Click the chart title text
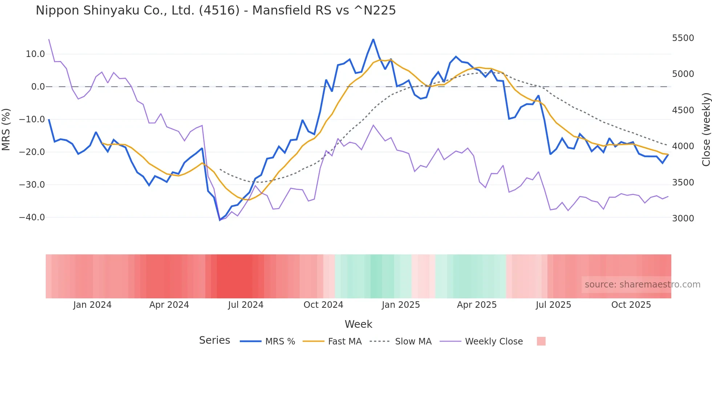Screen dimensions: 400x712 click(215, 11)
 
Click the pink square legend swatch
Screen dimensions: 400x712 click(541, 341)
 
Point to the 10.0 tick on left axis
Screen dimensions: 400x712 click(35, 54)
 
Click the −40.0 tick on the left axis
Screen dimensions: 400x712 click(32, 217)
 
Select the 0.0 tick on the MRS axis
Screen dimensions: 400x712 click(38, 87)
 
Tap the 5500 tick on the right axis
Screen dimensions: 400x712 click(683, 38)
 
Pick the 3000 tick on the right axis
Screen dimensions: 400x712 click(683, 219)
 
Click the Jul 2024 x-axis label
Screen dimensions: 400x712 click(246, 305)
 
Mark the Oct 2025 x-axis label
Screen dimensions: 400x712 click(631, 305)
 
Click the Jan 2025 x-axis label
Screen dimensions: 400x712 click(401, 305)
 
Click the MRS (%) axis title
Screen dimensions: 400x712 click(6, 130)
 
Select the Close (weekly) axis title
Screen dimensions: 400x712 click(706, 130)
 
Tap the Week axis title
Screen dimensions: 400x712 click(358, 324)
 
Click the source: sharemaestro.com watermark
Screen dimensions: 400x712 click(642, 285)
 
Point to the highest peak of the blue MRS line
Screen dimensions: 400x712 click(373, 39)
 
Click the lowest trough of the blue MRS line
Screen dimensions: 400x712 click(220, 220)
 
